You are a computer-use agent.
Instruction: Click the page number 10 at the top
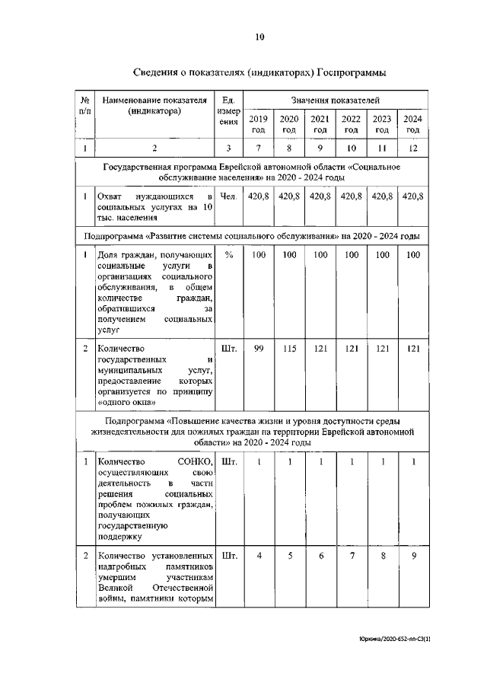tap(259, 36)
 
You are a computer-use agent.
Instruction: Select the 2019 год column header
tap(259, 124)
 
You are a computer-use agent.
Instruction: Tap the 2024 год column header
tap(413, 124)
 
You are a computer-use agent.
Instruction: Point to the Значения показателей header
tap(336, 100)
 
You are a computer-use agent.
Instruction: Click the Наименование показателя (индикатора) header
tap(154, 105)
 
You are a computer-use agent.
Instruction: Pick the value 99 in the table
tap(259, 349)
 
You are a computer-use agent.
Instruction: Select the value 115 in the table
tap(289, 349)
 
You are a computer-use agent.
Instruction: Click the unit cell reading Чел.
tap(228, 196)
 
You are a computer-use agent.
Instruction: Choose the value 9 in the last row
tap(413, 556)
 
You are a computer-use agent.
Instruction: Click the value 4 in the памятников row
tap(259, 556)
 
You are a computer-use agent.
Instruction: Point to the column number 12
tap(413, 148)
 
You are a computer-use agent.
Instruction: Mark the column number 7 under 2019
tap(259, 148)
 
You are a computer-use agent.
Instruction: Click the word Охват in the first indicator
tap(111, 196)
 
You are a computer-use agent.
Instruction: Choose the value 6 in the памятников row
tap(320, 556)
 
